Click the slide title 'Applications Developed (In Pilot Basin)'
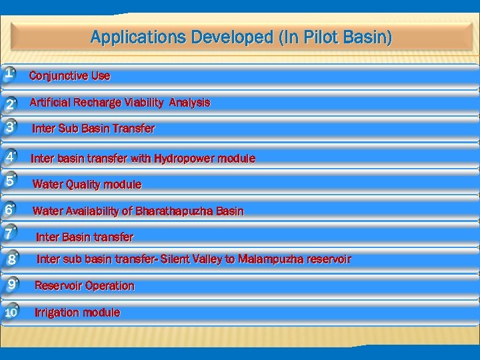click(241, 37)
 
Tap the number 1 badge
click(9, 73)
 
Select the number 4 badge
click(10, 157)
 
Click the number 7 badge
click(9, 234)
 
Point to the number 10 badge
click(11, 312)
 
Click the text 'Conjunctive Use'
click(70, 76)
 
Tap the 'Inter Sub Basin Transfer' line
click(93, 128)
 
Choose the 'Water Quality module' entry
click(87, 184)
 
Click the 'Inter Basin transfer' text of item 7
click(85, 237)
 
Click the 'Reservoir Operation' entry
click(85, 286)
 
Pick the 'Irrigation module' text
click(77, 313)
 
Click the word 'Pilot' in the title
click(316, 37)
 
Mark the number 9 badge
click(10, 285)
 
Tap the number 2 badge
click(10, 104)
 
